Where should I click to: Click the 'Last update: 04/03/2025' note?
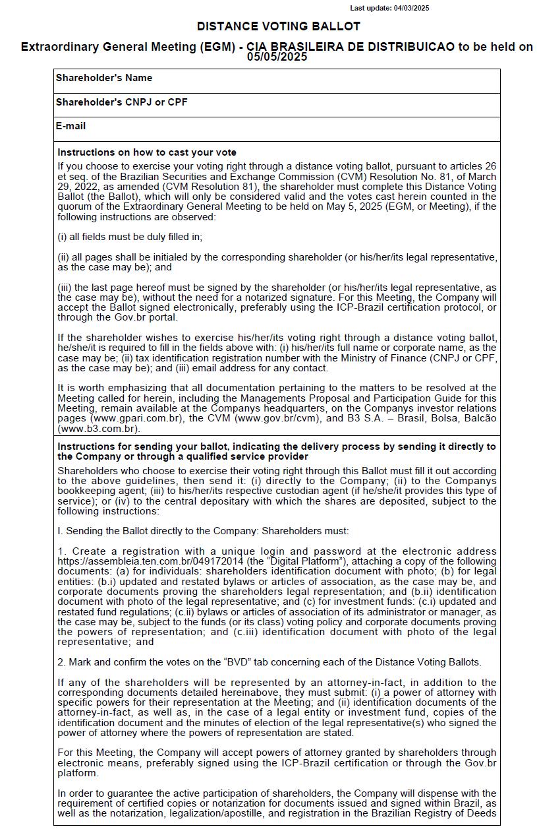click(389, 8)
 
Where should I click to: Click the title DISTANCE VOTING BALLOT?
click(278, 26)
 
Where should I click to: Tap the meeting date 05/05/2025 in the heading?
click(277, 57)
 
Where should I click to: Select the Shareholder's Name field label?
click(103, 78)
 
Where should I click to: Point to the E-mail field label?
click(71, 126)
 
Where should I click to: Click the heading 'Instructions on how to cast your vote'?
click(146, 152)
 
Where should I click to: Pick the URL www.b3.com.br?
click(98, 429)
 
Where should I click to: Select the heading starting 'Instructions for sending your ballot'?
click(276, 451)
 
